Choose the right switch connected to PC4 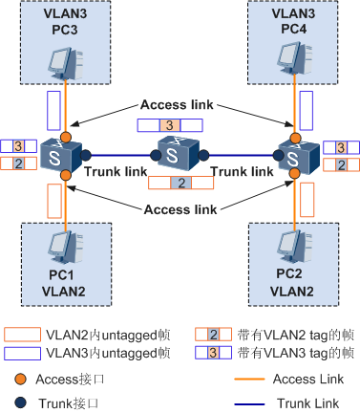(295, 153)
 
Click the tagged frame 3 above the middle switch (170, 125)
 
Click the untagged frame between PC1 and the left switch (53, 201)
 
